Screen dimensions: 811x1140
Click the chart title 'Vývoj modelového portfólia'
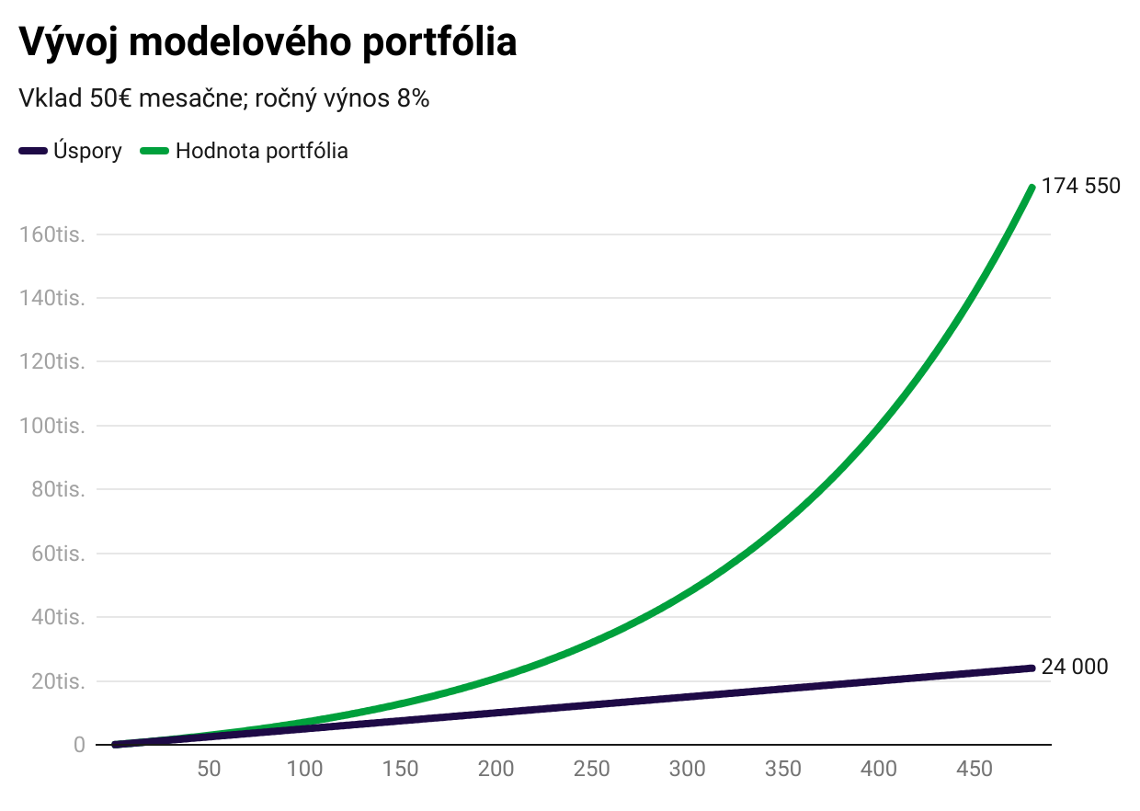click(268, 42)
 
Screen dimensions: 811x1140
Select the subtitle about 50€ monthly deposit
click(224, 99)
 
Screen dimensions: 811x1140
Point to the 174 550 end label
click(1081, 186)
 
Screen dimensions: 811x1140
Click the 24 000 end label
click(1075, 667)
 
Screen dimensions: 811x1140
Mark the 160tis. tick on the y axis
click(52, 234)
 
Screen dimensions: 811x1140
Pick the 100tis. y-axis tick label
click(52, 426)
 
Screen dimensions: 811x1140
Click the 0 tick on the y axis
click(79, 745)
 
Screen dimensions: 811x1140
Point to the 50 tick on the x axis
click(210, 769)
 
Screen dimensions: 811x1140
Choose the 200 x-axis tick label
click(496, 769)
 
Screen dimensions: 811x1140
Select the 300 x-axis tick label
click(688, 769)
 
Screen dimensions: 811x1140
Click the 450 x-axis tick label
click(975, 769)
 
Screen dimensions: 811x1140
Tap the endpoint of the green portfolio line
click(1032, 188)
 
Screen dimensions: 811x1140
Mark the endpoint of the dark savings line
click(1032, 668)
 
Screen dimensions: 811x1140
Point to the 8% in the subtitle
click(413, 99)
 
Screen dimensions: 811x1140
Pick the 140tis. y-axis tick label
click(52, 298)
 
